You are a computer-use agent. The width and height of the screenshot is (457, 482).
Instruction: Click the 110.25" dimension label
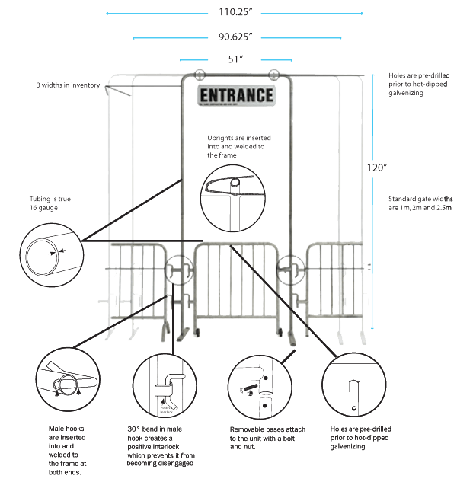point(235,12)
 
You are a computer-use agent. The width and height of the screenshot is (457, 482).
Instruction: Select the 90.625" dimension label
point(235,36)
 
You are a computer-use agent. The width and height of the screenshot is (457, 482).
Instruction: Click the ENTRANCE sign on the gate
point(235,95)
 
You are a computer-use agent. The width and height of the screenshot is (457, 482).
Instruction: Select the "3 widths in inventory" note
point(69,85)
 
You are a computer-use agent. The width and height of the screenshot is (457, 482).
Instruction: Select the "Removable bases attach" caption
point(264,439)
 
